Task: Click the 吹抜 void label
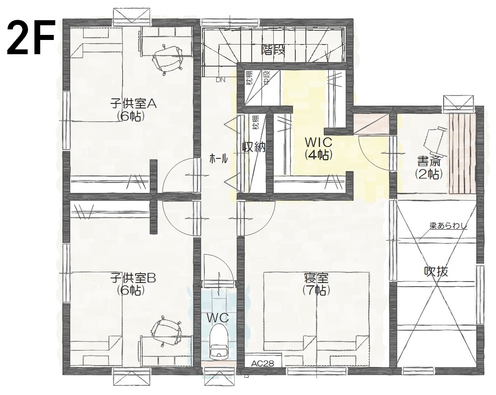[x=435, y=271]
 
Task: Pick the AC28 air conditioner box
[x=263, y=363]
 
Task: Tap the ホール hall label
[x=218, y=159]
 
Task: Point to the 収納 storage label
[x=254, y=147]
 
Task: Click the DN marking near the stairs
[x=221, y=79]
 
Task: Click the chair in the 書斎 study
[x=434, y=138]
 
